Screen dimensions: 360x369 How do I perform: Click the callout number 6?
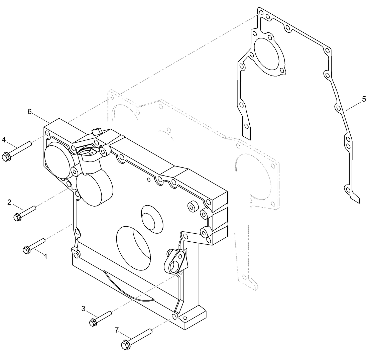point(30,112)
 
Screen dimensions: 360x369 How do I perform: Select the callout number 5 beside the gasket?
point(364,99)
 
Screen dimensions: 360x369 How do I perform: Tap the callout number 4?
point(4,139)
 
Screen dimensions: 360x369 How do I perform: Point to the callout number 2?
point(9,202)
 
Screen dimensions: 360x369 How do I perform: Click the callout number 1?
point(45,256)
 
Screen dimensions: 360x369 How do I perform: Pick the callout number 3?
point(83,308)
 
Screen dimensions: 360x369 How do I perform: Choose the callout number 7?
point(117,330)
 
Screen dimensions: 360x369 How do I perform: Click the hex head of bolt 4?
point(6,156)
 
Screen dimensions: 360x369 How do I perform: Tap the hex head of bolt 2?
point(17,218)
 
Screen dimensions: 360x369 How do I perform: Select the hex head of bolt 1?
point(26,249)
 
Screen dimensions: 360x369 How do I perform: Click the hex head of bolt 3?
point(93,323)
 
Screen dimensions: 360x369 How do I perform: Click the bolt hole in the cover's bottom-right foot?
point(174,316)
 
